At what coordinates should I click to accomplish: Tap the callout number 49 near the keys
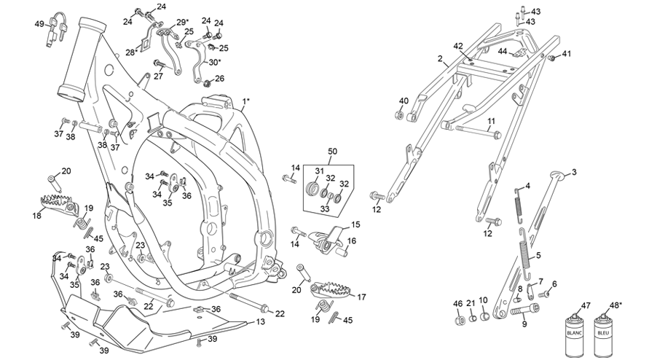pos(39,24)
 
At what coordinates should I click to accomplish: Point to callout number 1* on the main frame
pos(246,100)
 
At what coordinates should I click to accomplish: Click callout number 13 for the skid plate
pos(261,321)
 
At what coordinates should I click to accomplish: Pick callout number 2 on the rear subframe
pos(440,58)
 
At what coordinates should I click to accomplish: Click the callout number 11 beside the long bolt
pos(492,121)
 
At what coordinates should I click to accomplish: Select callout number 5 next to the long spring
pos(538,256)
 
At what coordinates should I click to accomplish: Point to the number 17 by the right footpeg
pos(361,297)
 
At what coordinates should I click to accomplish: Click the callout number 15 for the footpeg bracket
pos(355,224)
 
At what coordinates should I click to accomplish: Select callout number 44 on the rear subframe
pos(503,51)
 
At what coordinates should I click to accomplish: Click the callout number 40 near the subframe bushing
pos(403,101)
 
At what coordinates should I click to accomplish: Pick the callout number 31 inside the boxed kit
pos(318,171)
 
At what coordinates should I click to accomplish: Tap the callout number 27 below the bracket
pos(157,76)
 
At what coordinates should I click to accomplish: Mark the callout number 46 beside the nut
pos(457,303)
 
